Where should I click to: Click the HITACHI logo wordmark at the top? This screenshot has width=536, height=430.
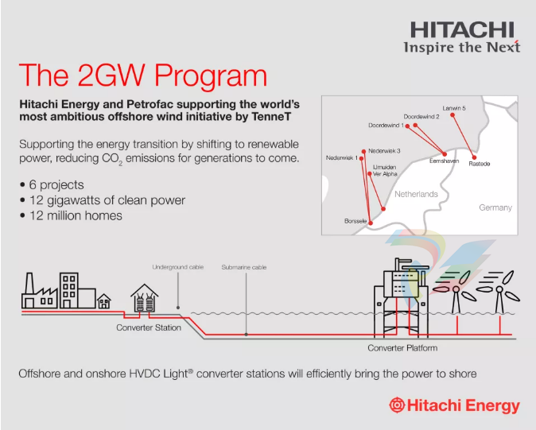[x=464, y=30]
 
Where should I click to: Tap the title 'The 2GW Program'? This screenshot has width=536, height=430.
[x=143, y=76]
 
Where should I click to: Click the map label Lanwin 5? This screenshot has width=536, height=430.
[x=454, y=108]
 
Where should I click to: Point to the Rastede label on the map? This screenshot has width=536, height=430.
[x=480, y=164]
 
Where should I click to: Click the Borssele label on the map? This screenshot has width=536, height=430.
[x=355, y=220]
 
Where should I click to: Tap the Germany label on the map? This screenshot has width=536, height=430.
[x=495, y=207]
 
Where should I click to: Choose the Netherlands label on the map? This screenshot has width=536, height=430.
[x=416, y=194]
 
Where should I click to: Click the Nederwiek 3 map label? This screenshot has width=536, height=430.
[x=384, y=150]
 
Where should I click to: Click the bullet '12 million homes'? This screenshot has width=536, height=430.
[x=76, y=215]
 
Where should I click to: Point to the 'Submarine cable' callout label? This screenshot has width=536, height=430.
[x=244, y=267]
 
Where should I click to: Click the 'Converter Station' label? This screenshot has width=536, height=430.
[x=149, y=327]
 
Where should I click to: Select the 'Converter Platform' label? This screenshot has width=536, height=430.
[x=402, y=348]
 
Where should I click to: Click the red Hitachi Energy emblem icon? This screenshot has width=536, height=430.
[x=397, y=405]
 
